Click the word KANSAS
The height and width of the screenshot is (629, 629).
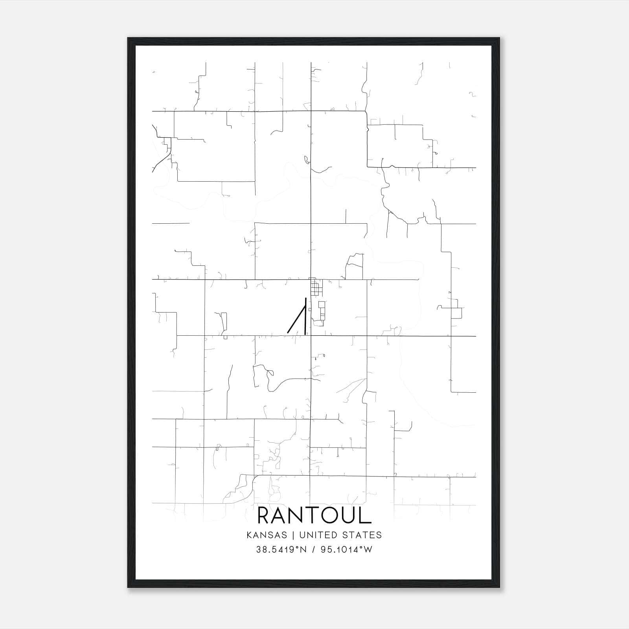pyautogui.click(x=270, y=535)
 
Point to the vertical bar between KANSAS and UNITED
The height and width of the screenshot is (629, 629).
pyautogui.click(x=295, y=535)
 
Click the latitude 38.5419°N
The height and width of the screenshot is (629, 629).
pyautogui.click(x=280, y=550)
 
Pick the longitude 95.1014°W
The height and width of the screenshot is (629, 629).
pyautogui.click(x=346, y=550)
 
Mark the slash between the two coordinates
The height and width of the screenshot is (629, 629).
pyautogui.click(x=314, y=550)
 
